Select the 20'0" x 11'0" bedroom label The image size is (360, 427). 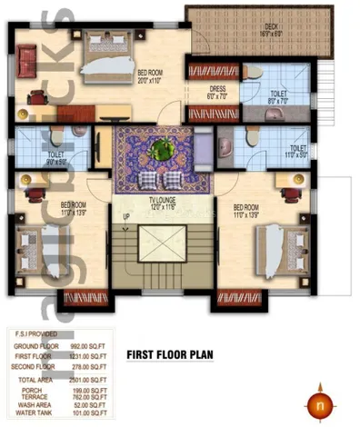click(x=151, y=76)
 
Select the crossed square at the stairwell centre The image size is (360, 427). click(x=163, y=258)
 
